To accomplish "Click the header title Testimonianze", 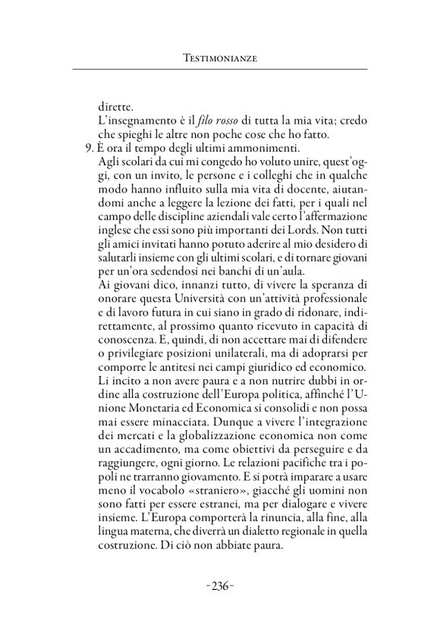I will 220,58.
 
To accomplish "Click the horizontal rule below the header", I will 220,71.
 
